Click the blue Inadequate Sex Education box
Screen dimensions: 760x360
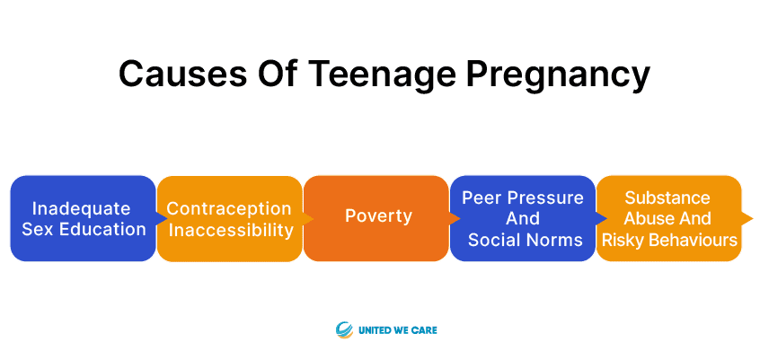pyautogui.click(x=83, y=218)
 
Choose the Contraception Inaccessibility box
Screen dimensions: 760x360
pyautogui.click(x=230, y=218)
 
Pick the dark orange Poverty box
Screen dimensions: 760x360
pyautogui.click(x=376, y=218)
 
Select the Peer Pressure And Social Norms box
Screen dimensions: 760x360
pyautogui.click(x=523, y=218)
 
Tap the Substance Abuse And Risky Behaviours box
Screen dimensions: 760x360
pyautogui.click(x=669, y=218)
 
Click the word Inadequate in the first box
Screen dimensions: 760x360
pyautogui.click(x=82, y=209)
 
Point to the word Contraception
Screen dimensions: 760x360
pyautogui.click(x=229, y=209)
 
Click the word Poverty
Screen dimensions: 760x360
pyautogui.click(x=378, y=216)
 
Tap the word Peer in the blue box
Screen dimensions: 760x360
pyautogui.click(x=480, y=198)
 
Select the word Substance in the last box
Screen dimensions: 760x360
pyautogui.click(x=667, y=198)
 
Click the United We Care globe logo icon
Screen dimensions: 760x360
pyautogui.click(x=344, y=330)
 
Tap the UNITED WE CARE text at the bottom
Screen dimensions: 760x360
pyautogui.click(x=397, y=331)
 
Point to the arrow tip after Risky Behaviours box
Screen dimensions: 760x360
pyautogui.click(x=753, y=218)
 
